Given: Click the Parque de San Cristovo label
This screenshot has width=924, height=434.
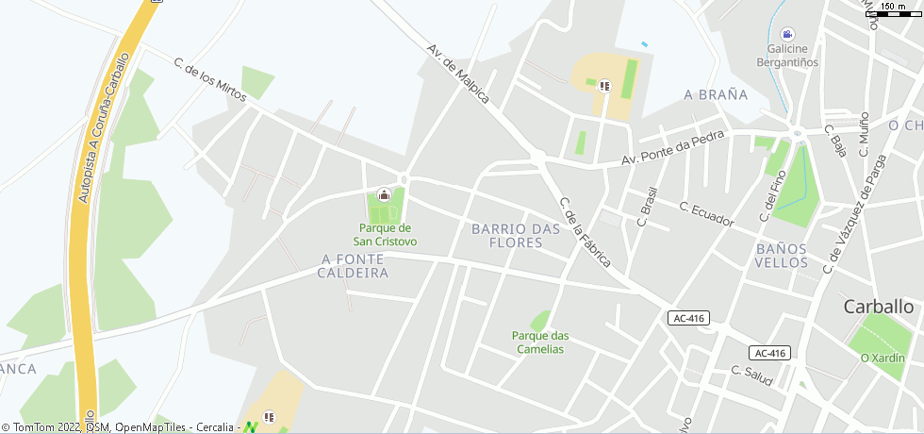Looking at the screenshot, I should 385,234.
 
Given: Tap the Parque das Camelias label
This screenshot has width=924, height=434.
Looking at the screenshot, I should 540,342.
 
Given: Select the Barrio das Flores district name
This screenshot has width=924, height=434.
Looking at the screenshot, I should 507,236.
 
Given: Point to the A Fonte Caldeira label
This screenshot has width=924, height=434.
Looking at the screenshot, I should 355,265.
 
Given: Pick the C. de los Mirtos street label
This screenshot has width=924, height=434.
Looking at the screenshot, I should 209,79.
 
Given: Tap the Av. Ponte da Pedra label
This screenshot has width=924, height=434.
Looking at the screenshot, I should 672,148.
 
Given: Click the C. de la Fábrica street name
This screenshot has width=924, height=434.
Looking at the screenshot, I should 586,232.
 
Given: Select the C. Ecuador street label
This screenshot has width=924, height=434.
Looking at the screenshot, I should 706,214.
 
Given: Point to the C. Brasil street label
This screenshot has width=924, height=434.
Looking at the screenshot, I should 647,204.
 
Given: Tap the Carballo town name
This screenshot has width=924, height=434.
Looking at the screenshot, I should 879,307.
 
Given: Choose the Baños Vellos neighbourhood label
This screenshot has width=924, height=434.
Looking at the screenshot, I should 782,256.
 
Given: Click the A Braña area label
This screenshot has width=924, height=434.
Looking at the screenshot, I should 716,94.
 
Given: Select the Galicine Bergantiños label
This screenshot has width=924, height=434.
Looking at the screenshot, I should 787,56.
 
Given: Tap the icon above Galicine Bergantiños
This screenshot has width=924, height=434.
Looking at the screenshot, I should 787,33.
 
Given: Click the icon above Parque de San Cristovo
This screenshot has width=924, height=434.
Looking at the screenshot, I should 384,195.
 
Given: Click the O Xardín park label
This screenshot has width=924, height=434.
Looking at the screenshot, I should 883,359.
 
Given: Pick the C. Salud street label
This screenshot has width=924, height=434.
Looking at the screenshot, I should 752,376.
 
